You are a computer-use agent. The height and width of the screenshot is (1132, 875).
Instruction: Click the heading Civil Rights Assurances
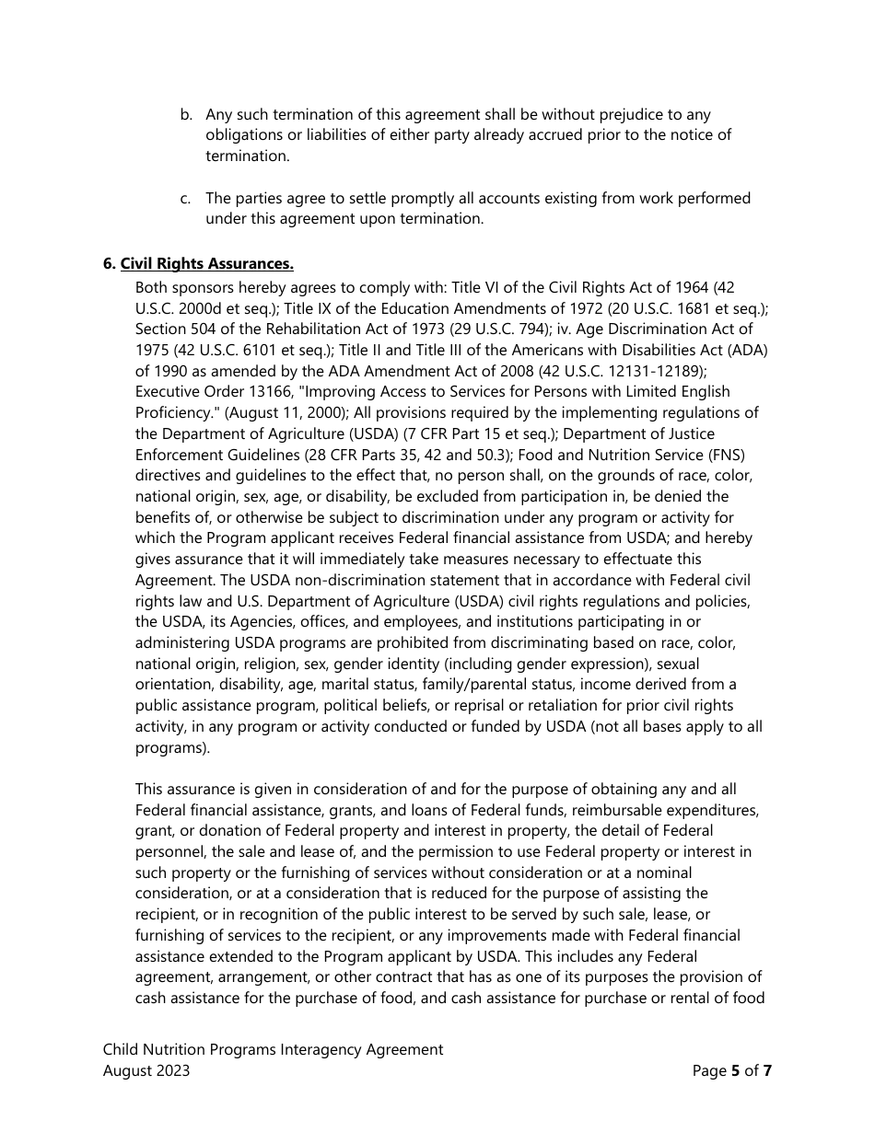click(x=206, y=264)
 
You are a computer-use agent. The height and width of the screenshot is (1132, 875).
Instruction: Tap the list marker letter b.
click(x=185, y=115)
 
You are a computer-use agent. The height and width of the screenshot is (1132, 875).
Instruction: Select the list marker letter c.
click(x=185, y=199)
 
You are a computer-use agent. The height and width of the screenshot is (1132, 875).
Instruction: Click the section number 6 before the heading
click(x=108, y=264)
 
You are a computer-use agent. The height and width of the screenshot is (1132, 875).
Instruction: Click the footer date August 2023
click(x=146, y=1070)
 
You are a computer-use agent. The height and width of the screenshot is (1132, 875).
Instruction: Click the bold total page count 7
click(x=767, y=1070)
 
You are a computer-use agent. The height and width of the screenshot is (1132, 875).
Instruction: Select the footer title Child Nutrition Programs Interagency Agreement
click(x=273, y=1049)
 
